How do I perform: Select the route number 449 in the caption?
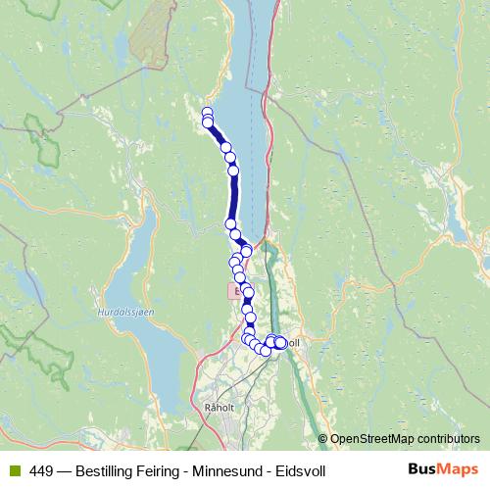coord(41,470)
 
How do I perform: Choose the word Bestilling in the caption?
coord(107,470)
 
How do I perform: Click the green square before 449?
coord(16,470)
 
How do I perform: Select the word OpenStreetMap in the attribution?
coord(373,439)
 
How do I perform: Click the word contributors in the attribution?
coord(449,439)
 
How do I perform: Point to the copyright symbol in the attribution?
coord(322,439)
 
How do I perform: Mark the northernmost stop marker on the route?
coord(207,112)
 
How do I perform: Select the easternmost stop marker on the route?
coord(282,342)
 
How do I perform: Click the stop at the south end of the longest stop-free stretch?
coord(231,224)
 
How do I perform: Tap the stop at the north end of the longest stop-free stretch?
coord(233,171)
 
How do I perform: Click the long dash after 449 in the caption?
coord(64,470)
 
